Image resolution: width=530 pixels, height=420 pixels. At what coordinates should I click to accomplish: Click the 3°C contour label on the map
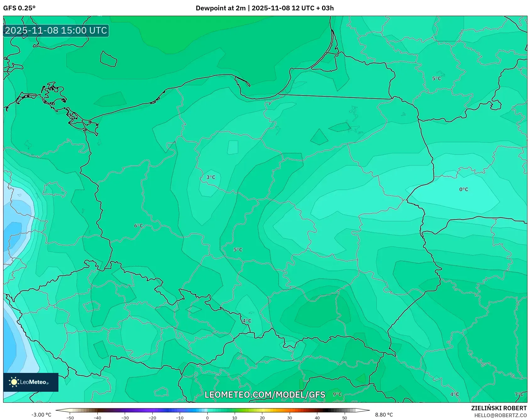211,177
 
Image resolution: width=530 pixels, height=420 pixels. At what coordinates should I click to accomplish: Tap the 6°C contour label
139,226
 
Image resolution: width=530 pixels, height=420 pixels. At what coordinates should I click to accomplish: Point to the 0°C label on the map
463,189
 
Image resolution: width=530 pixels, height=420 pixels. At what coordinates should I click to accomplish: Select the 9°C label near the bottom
337,394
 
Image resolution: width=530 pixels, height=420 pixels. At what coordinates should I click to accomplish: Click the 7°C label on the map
519,394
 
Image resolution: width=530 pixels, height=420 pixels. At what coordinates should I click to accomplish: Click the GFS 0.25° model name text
19,8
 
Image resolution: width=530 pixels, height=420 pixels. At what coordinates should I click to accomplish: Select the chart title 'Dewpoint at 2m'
221,8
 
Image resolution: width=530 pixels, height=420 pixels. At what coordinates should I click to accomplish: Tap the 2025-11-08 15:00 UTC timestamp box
56,30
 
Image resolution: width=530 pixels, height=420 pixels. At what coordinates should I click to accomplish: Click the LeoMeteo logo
31,382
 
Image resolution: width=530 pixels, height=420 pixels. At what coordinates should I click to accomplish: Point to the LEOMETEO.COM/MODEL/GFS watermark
265,395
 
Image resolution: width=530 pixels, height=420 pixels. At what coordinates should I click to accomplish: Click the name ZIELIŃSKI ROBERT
499,408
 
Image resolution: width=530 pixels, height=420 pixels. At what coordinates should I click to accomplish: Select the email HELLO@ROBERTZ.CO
500,415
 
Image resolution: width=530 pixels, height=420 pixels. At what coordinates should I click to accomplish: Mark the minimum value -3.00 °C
41,415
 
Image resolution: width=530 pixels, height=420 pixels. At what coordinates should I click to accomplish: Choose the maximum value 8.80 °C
384,415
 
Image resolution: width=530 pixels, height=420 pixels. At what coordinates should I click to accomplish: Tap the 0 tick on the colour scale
207,418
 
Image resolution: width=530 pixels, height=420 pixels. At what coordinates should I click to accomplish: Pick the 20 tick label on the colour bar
262,418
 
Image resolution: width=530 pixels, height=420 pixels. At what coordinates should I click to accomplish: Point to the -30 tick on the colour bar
125,418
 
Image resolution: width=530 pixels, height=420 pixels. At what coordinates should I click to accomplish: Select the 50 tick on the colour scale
345,418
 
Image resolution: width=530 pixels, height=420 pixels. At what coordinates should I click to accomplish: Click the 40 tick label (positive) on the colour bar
317,418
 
